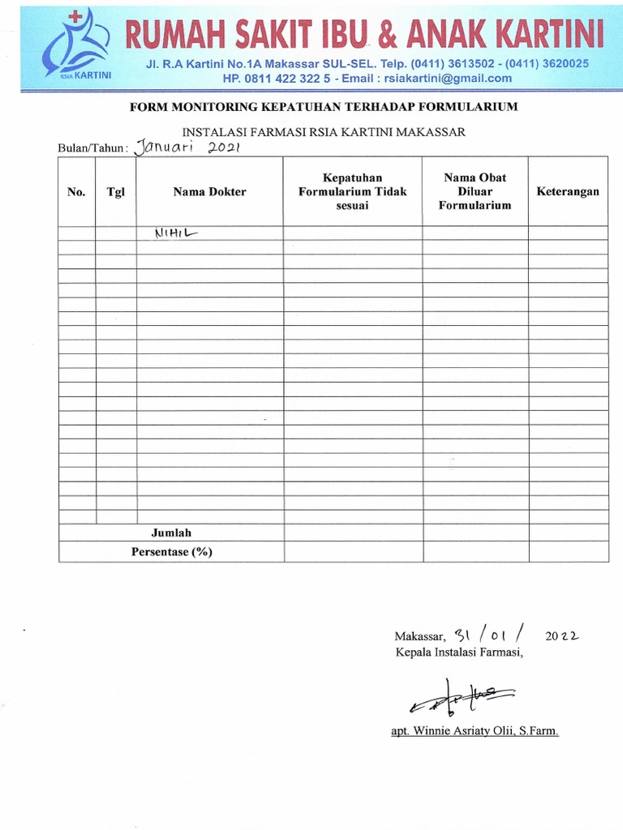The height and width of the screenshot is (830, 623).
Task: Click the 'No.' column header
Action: click(76, 192)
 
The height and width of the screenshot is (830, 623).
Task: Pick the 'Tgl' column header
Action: click(115, 192)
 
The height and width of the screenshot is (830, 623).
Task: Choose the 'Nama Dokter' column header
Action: click(209, 192)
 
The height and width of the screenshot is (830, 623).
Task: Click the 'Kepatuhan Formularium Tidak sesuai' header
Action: click(352, 191)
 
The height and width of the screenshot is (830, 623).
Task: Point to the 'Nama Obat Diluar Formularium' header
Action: click(475, 191)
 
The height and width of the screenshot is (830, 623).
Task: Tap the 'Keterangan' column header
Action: click(568, 192)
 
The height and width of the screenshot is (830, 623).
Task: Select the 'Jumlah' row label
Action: click(171, 533)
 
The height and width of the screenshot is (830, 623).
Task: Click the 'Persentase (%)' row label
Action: click(171, 552)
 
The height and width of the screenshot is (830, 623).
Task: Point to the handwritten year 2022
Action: click(561, 636)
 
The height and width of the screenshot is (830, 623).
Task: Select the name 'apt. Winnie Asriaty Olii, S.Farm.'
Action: click(475, 731)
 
